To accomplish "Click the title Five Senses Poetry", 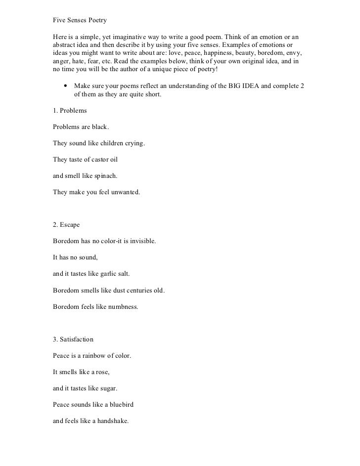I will tap(80, 21).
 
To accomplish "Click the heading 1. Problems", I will tap(70, 112).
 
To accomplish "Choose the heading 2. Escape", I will tap(66, 225).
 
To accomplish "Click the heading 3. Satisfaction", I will tap(73, 339).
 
